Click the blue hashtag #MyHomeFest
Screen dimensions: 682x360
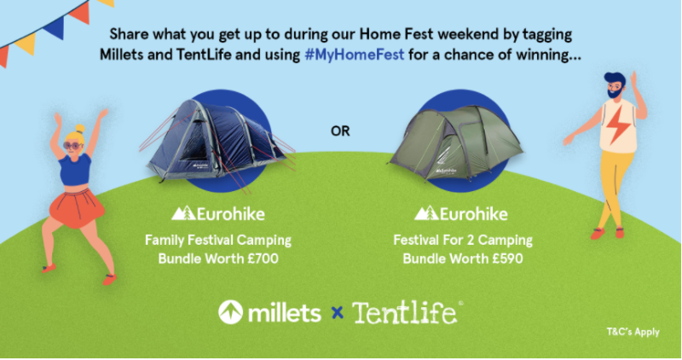[x=355, y=55]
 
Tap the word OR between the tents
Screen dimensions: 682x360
[x=340, y=131]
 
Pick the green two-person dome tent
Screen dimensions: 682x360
[x=455, y=142]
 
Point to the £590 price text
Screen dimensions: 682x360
[x=507, y=258]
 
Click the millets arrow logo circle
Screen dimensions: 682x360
[x=230, y=312]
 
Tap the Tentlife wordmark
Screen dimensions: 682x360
[x=405, y=312]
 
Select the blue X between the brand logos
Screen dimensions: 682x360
[x=337, y=312]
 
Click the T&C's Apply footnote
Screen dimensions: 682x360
[x=633, y=332]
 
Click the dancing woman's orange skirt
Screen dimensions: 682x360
[x=77, y=208]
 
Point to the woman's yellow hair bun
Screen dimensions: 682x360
[x=79, y=129]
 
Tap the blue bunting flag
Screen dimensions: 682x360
[x=55, y=28]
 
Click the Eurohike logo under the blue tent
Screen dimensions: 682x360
[x=218, y=213]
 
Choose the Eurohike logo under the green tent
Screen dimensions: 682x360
[x=460, y=213]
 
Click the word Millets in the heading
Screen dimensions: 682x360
[x=122, y=55]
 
